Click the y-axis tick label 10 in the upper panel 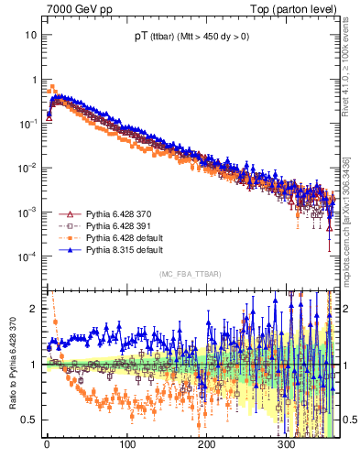tap(31, 34)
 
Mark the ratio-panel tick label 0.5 tap(29, 420)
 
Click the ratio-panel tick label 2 tap(34, 309)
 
